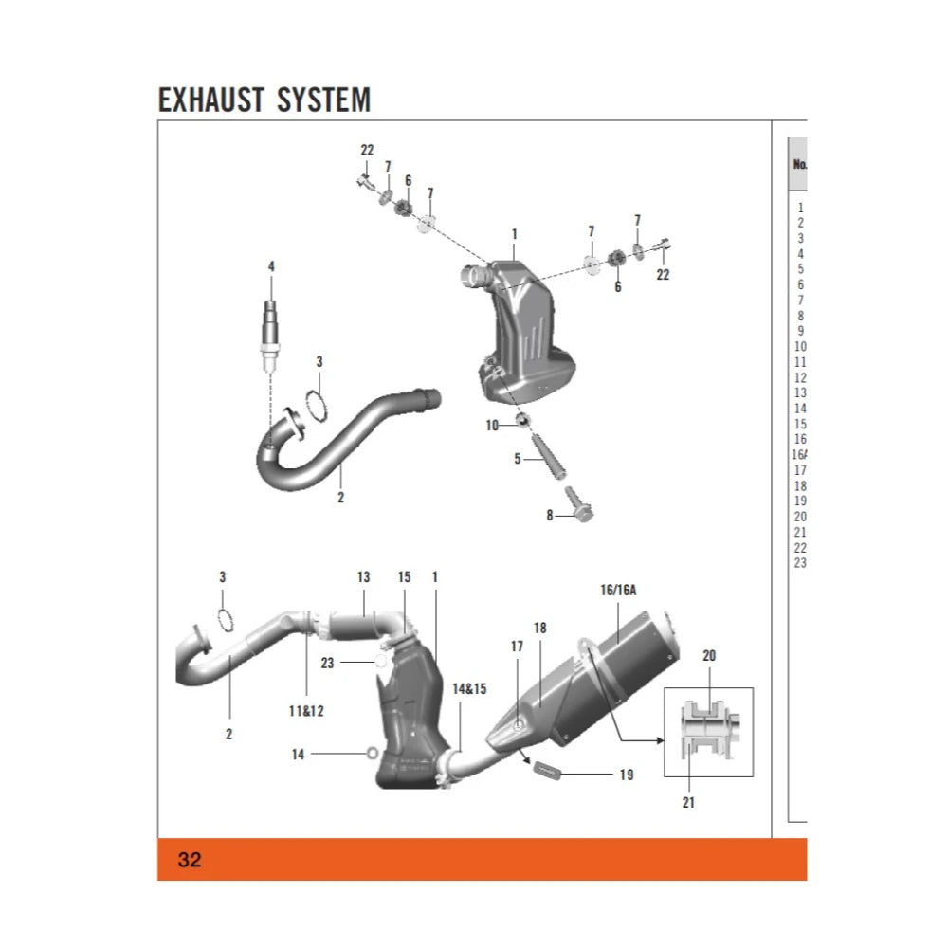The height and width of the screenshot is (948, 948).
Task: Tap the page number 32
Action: point(190,860)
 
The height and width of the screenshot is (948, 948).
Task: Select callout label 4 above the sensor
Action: point(271,267)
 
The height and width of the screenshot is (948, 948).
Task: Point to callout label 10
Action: point(492,426)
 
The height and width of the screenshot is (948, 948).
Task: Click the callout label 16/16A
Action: point(618,590)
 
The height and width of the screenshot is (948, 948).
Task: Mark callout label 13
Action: point(363,577)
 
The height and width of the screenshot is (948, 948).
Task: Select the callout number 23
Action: point(328,664)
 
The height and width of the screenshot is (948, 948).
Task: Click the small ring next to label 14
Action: point(373,754)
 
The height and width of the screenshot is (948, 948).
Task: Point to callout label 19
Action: point(626,775)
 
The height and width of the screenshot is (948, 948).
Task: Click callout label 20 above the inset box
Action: point(709,655)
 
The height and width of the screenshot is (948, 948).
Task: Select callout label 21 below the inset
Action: point(688,802)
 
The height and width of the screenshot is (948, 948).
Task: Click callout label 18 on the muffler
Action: point(540,628)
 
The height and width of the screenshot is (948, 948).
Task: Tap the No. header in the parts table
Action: point(799,164)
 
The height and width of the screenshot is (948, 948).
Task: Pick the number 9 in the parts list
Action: point(801,331)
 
